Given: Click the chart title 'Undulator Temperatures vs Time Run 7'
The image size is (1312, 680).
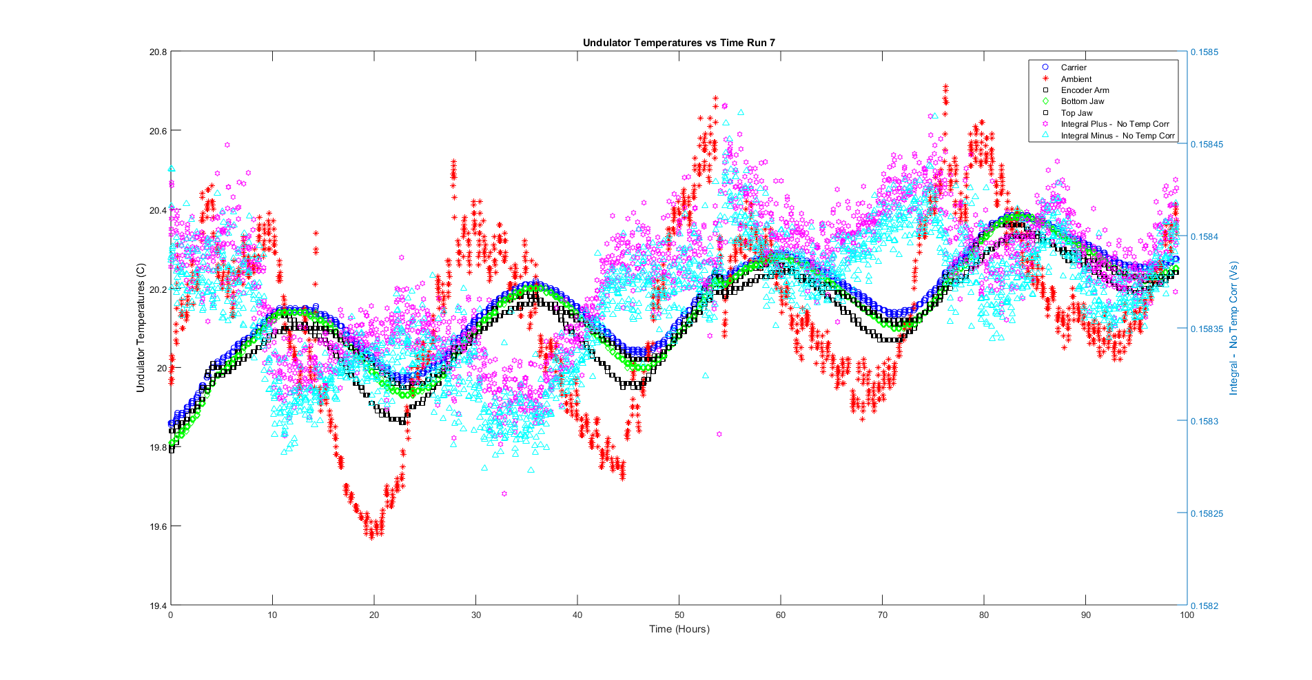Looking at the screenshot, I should coord(678,43).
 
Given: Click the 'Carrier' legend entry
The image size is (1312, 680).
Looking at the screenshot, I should coord(1073,68).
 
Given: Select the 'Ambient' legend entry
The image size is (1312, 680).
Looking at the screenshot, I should coord(1076,79).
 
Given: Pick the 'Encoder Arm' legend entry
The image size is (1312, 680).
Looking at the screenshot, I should coord(1085,90).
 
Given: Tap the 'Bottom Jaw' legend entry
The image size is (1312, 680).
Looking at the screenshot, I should coord(1082,101).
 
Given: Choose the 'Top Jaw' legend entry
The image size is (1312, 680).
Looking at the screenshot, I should coord(1076,113).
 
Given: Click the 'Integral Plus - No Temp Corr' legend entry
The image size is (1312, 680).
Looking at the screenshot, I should coord(1114,124).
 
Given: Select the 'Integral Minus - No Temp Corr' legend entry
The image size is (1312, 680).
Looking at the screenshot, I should coord(1117,136).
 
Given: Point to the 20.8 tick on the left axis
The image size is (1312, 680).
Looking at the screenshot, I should coord(158,52).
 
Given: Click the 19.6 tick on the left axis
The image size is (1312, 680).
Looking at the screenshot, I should coord(158,526).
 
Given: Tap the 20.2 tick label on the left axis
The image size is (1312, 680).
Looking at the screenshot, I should coord(158,289).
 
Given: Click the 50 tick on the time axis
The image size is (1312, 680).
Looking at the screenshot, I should coord(679,615).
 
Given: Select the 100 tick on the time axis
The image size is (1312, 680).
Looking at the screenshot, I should coord(1187,615).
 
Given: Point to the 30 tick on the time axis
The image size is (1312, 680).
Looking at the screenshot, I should coord(475,615).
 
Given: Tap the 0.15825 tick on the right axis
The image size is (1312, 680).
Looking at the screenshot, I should coord(1207,514).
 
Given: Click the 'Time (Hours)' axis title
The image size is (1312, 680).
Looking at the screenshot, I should coord(679,629).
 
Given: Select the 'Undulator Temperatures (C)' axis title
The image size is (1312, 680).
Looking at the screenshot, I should coord(141,329).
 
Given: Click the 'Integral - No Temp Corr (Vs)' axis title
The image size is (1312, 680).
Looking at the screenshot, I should coord(1233,329).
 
